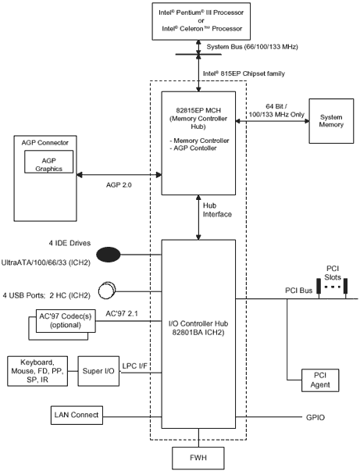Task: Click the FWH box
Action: point(198,458)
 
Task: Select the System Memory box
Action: point(331,121)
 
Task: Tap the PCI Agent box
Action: point(320,380)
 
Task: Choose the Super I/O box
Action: point(98,371)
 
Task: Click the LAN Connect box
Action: point(77,415)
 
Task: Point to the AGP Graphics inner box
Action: point(48,162)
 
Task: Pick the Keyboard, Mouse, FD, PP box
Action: point(37,371)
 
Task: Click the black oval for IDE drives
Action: point(109,255)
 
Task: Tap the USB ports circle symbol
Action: point(107,290)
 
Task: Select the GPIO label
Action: point(315,418)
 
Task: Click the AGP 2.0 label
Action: point(119,185)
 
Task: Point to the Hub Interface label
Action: point(217,210)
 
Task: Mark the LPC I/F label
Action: point(135,366)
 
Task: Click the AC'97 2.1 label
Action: point(122,313)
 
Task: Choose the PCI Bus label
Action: point(299,291)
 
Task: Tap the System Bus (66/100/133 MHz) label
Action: point(252,47)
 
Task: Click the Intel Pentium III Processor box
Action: point(201,21)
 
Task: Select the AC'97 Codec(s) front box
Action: point(66,321)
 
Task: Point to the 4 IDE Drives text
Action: point(70,243)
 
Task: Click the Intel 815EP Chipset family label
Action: point(244,73)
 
